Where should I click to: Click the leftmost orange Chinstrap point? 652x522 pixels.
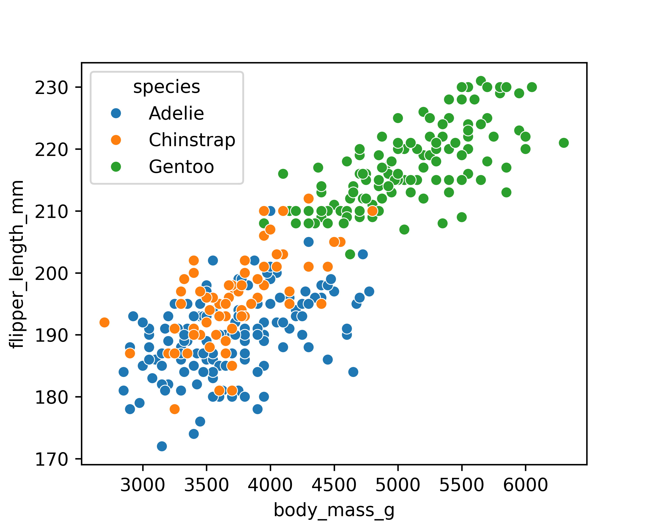[104, 323]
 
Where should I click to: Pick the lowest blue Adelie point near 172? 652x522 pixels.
[162, 446]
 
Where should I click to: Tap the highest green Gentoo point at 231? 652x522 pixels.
[481, 81]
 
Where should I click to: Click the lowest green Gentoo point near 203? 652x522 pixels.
[350, 254]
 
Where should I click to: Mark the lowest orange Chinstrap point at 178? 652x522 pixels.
[175, 409]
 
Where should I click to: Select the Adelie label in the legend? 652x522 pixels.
[176, 114]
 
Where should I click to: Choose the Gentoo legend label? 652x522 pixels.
[181, 167]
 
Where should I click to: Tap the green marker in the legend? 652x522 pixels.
[116, 167]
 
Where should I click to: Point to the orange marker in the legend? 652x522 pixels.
[116, 140]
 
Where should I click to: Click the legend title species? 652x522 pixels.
[167, 87]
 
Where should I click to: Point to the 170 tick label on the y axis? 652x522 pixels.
[52, 460]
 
